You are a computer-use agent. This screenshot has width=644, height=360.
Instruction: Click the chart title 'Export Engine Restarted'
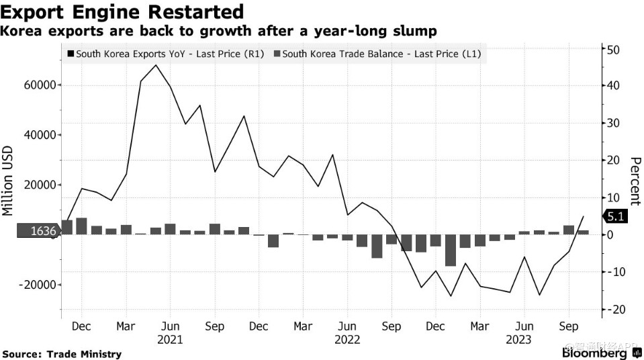click(122, 12)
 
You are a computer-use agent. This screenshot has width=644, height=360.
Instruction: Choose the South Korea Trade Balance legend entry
click(381, 54)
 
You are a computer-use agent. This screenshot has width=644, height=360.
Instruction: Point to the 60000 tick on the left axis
click(39, 85)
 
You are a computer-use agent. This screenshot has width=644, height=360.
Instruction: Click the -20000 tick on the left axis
click(37, 285)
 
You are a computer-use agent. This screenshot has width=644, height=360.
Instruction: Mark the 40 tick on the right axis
click(612, 85)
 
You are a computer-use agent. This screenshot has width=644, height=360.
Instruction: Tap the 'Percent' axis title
click(635, 181)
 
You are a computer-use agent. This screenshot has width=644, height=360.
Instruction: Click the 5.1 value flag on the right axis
click(616, 216)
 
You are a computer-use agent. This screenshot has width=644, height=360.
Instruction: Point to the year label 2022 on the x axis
click(347, 340)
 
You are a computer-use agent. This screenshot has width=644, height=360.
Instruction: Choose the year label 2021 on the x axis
click(171, 340)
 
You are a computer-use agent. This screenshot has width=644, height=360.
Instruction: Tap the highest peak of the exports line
click(156, 65)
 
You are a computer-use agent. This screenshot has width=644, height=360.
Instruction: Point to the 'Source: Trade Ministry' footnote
click(62, 354)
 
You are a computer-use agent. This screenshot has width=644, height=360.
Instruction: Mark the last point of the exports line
click(584, 216)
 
